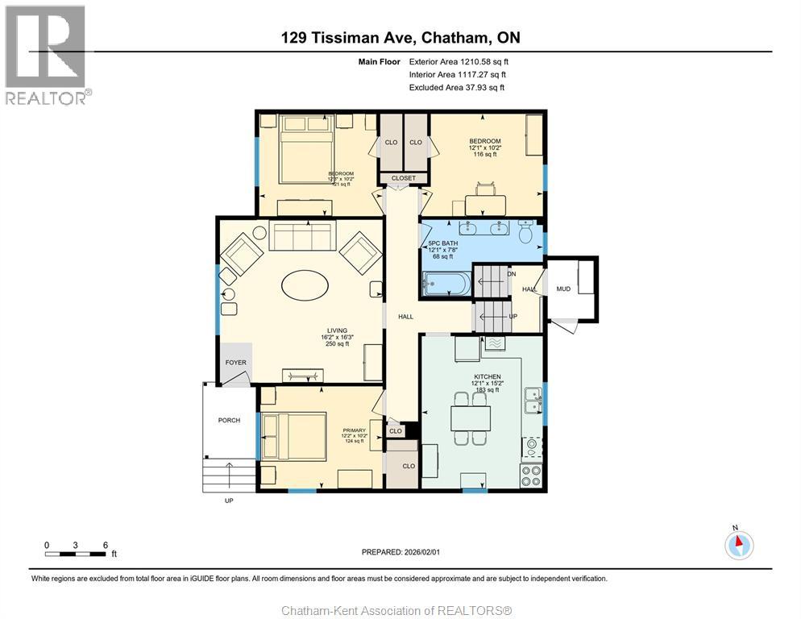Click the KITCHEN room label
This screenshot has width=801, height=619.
[488, 377]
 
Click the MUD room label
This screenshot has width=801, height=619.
[562, 289]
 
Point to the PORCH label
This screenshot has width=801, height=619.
[229, 420]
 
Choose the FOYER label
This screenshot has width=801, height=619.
[235, 363]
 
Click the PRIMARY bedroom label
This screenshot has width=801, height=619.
[354, 430]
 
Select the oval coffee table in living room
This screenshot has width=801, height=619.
[305, 285]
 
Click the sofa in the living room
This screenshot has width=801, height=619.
[300, 237]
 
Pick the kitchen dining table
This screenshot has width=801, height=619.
[470, 418]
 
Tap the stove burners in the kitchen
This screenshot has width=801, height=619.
[531, 476]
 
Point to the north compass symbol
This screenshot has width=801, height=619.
[738, 546]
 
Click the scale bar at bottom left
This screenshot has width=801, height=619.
[77, 554]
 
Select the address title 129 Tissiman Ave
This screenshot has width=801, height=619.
[400, 37]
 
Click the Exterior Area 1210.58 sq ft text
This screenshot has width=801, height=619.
[459, 61]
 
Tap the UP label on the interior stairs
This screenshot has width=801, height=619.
[513, 317]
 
